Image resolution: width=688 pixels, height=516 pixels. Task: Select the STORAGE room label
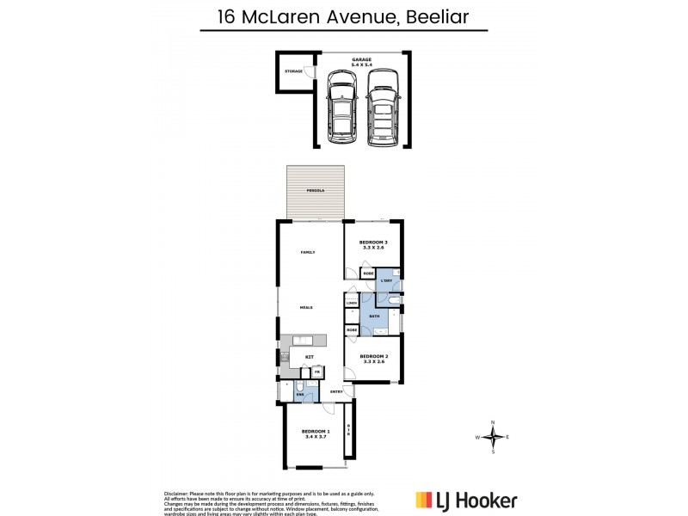294,71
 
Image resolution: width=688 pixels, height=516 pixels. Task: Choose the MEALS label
306,307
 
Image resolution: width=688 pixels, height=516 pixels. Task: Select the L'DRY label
387,280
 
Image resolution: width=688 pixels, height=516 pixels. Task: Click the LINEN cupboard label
352,304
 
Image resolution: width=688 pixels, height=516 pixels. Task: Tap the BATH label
375,317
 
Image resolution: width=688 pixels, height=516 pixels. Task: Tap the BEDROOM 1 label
315,434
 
